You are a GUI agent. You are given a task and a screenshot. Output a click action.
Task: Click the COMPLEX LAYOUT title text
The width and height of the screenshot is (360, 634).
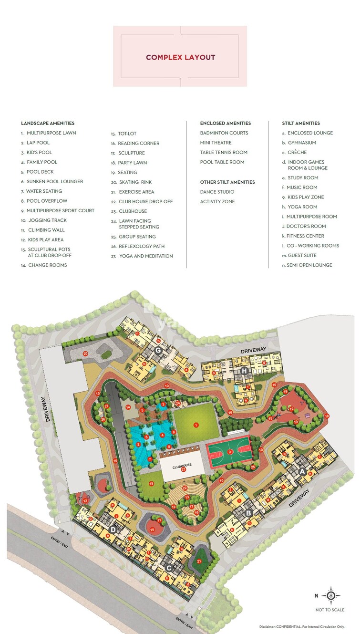180,57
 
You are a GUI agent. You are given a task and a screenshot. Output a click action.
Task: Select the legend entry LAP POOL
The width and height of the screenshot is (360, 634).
38,143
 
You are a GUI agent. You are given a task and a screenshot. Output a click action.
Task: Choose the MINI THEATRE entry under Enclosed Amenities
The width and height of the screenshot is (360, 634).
216,143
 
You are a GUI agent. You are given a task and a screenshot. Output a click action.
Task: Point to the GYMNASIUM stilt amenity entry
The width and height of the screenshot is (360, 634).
302,143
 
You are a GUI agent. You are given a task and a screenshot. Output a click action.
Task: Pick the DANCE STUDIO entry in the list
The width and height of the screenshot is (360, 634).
217,192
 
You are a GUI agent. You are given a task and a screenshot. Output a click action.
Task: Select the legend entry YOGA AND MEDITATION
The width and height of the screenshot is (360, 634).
145,256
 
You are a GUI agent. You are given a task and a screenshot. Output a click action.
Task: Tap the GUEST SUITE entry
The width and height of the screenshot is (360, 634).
302,255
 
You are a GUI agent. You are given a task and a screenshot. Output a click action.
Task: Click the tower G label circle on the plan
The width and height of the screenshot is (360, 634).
159,351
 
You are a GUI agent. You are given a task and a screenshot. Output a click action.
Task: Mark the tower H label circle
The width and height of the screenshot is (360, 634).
244,371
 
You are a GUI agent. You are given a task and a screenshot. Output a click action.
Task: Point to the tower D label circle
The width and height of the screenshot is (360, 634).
113,530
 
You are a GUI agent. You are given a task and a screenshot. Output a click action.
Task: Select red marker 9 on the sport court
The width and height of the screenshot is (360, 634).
230,451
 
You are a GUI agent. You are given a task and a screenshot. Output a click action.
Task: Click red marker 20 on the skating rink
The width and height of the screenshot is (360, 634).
85,353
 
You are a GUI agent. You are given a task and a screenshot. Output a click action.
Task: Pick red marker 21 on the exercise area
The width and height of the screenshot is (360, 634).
199,561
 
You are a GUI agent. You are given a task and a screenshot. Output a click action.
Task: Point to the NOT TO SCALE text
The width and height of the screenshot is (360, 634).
329,610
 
